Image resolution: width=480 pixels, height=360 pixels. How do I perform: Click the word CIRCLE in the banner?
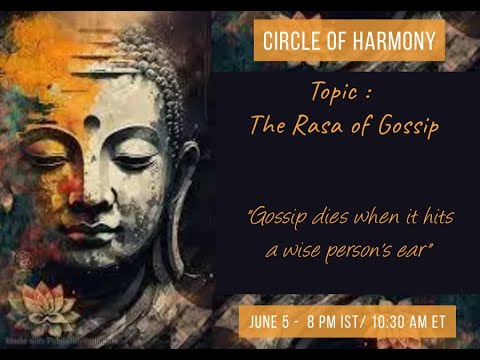point(289,41)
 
